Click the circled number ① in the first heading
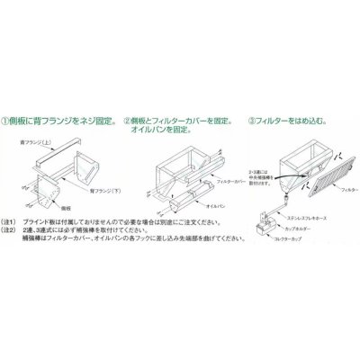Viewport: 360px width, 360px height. [8, 116]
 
